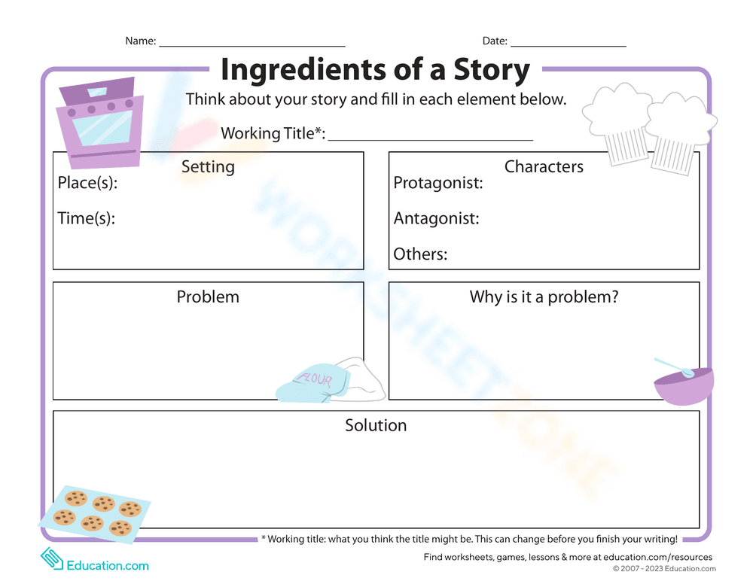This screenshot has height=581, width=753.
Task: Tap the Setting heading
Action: (208, 166)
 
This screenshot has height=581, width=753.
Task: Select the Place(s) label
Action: (87, 183)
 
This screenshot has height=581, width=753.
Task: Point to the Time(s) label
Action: (86, 218)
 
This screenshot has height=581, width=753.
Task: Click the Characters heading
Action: (544, 166)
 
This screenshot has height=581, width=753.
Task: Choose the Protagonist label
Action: (438, 183)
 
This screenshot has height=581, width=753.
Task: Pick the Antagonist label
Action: (436, 218)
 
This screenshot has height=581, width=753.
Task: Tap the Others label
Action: (420, 254)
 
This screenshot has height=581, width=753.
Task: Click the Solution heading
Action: (376, 425)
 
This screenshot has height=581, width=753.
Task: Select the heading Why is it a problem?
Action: (544, 297)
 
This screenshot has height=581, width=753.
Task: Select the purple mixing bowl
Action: (684, 388)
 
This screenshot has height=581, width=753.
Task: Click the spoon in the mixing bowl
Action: (672, 367)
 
